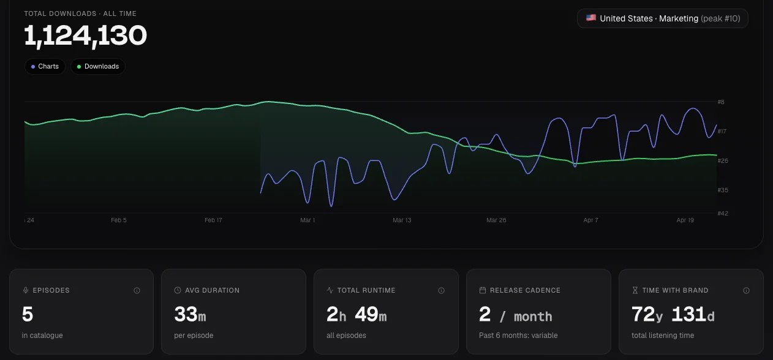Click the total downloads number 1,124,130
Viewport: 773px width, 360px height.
(85, 36)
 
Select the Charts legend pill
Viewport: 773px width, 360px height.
(45, 66)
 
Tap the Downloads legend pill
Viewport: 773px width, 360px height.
(98, 66)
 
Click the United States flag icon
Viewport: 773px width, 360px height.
(591, 18)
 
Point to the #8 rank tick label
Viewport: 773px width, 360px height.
(721, 102)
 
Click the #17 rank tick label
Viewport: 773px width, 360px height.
(722, 132)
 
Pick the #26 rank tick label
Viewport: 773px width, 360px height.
(723, 160)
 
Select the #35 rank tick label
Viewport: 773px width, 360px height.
(723, 190)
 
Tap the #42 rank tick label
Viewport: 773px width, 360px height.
(723, 214)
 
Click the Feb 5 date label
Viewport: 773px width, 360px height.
(119, 220)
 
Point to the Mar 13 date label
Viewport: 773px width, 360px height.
(402, 220)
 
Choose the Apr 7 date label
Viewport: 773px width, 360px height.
(591, 220)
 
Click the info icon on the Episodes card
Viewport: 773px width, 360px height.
(137, 290)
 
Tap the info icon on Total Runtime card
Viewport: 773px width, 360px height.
(442, 290)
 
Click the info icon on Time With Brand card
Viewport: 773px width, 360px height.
(747, 290)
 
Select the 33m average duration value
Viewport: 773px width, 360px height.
(190, 314)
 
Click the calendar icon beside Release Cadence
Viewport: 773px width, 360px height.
(483, 290)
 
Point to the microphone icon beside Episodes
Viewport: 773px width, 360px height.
(26, 290)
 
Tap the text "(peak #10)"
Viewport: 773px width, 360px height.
(720, 18)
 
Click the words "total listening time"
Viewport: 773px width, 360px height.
(663, 335)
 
